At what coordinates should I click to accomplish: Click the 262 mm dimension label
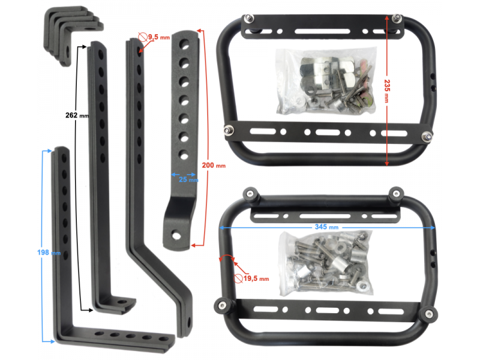[77, 115]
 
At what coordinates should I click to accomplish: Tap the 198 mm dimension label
[49, 253]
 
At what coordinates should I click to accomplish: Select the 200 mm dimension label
[214, 166]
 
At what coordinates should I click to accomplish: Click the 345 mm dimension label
[326, 227]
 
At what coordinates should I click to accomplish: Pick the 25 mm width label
[188, 179]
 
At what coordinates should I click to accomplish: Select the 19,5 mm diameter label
[256, 278]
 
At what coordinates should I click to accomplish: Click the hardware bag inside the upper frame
[326, 80]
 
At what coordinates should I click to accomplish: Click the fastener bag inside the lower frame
[326, 263]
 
